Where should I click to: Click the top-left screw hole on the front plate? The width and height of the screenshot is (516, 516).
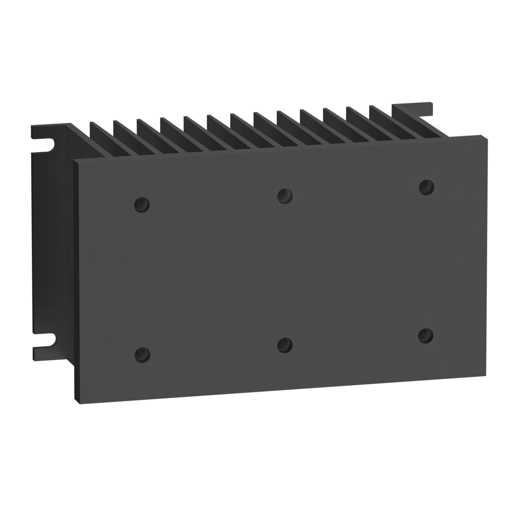tap(142, 205)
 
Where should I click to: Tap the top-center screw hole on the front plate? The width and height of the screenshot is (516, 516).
tap(285, 196)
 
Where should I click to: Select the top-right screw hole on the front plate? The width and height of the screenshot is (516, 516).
tap(426, 187)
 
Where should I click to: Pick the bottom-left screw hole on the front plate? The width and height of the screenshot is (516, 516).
tap(142, 355)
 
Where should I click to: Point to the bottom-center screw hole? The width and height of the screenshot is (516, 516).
tap(285, 345)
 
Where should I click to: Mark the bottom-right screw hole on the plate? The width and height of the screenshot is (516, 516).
tap(426, 336)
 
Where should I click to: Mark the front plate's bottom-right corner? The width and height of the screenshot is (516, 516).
tap(485, 374)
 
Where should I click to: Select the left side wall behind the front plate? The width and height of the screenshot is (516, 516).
tap(53, 242)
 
